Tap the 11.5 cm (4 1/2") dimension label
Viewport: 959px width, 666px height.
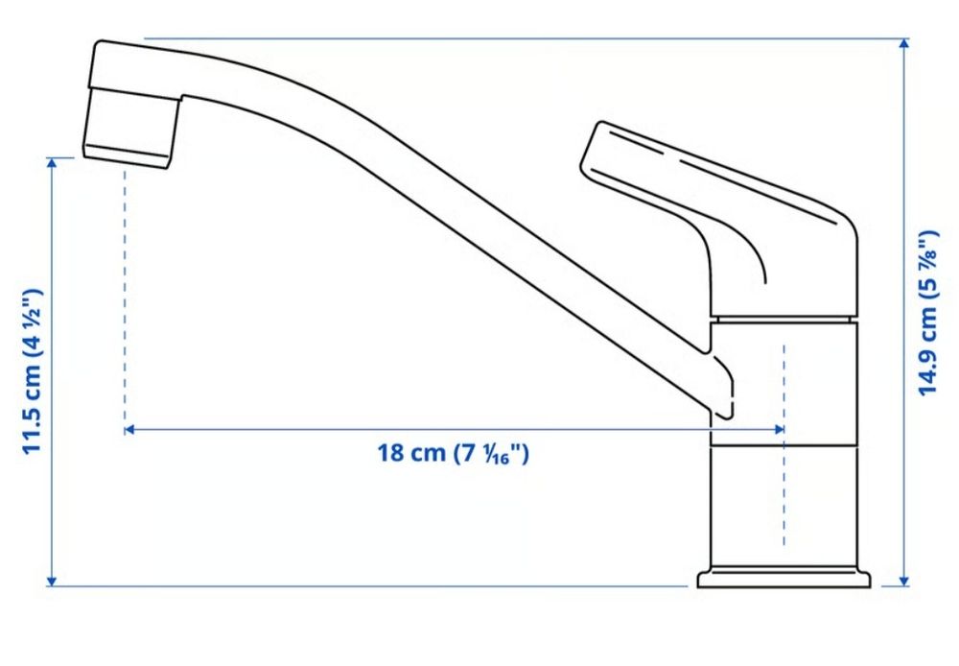[x=33, y=370]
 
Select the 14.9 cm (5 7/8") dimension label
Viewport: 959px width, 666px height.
[x=927, y=312]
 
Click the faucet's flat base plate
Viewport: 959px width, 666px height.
[x=784, y=578]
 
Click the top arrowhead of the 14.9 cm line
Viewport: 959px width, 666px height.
[x=904, y=44]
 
